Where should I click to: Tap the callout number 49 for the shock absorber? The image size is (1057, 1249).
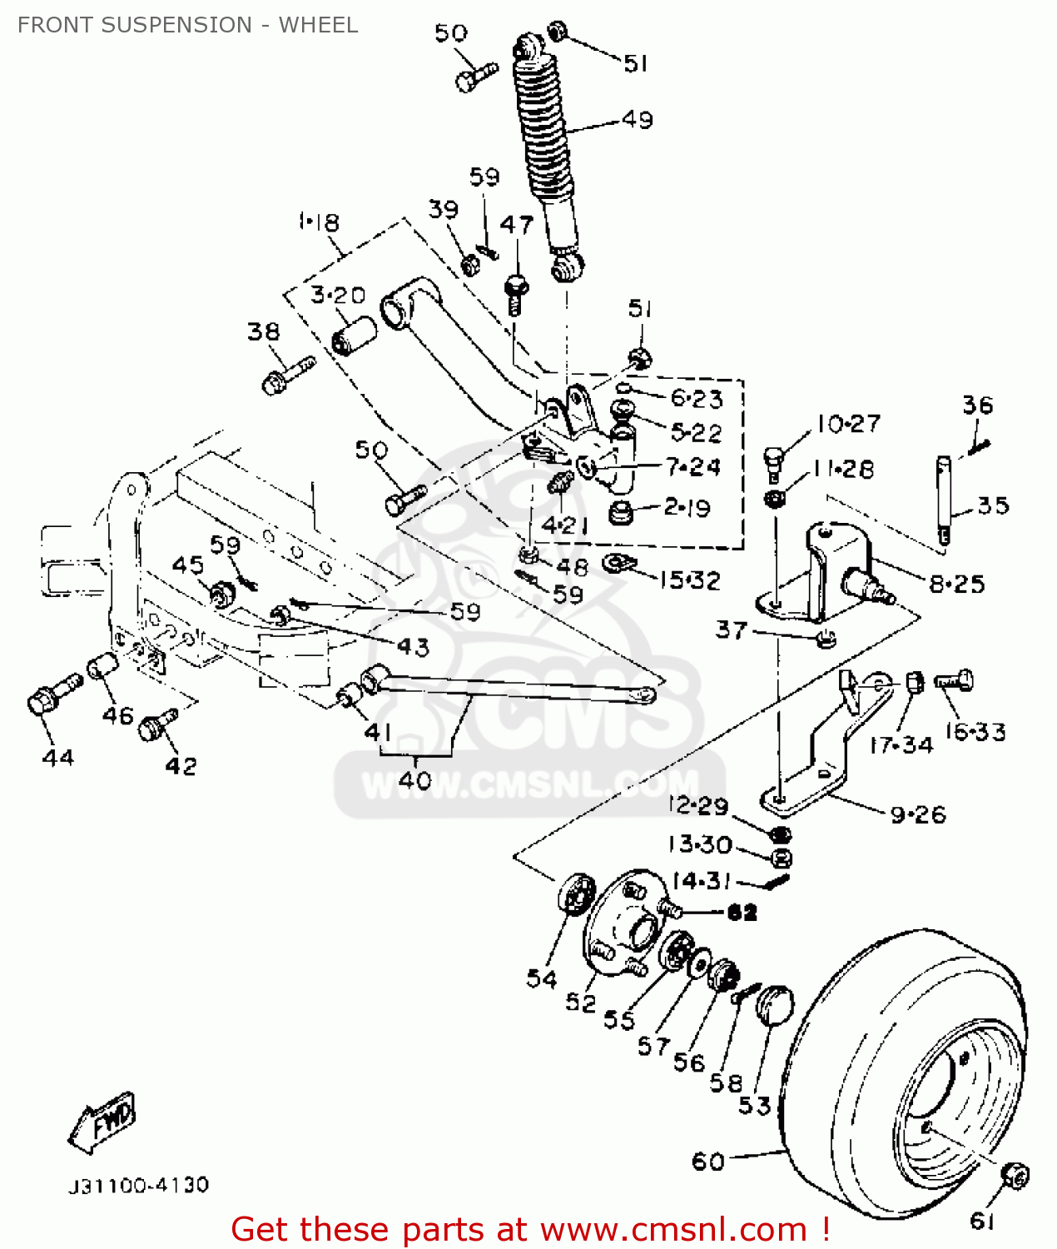click(x=638, y=120)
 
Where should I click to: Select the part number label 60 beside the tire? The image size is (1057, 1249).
click(x=708, y=1161)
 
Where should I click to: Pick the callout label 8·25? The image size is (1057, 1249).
click(x=956, y=584)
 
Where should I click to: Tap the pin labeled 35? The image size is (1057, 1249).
click(x=944, y=499)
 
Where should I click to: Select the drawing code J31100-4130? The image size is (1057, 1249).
click(x=138, y=1185)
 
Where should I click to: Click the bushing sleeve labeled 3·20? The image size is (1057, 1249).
click(x=354, y=334)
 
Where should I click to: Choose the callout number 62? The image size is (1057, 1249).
click(x=742, y=913)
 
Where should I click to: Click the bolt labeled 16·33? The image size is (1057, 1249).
click(x=955, y=681)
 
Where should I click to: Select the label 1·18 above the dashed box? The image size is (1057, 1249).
click(x=318, y=222)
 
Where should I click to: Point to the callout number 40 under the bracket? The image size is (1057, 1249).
click(x=414, y=780)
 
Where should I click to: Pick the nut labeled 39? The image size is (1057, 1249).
click(x=469, y=265)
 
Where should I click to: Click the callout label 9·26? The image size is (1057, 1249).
click(x=918, y=814)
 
